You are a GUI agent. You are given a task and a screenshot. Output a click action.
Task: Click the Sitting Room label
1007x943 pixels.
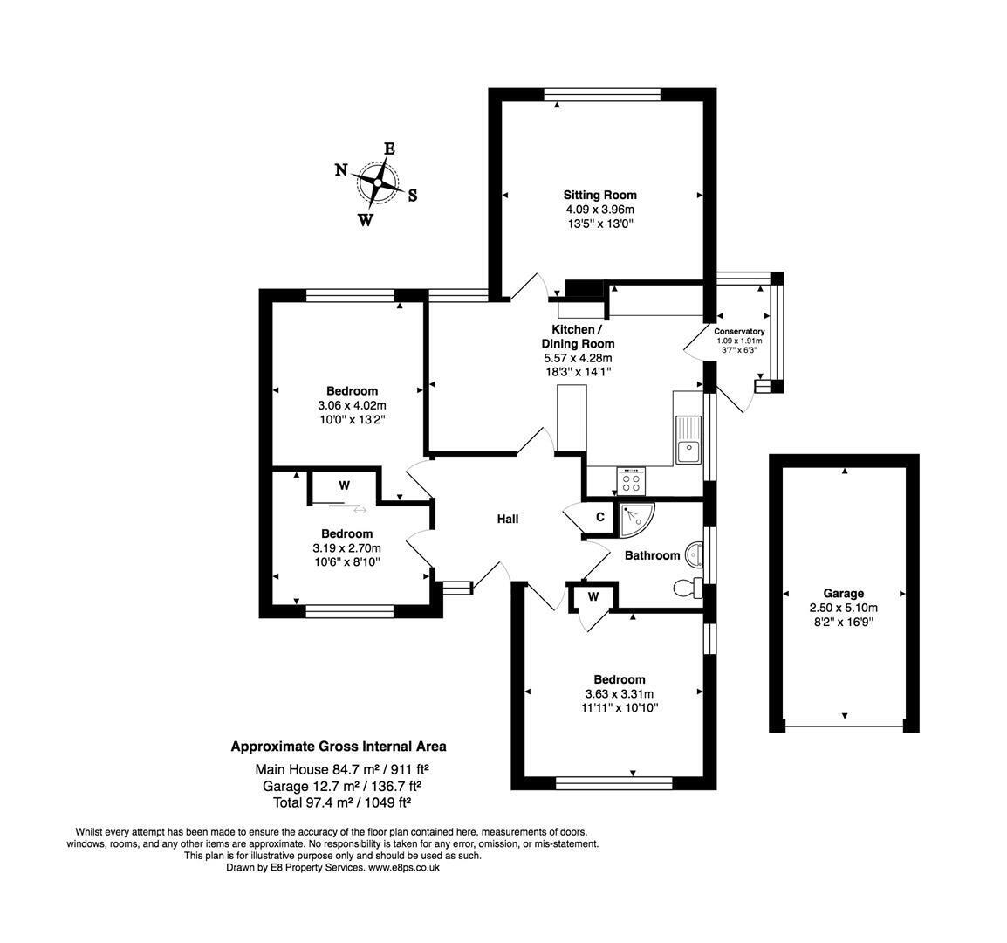click(599, 195)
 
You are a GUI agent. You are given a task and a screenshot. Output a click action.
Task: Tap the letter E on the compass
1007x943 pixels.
click(389, 148)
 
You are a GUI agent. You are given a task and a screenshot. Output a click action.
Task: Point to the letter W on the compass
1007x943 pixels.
click(366, 221)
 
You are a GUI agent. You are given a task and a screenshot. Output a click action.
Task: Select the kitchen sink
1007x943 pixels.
click(688, 440)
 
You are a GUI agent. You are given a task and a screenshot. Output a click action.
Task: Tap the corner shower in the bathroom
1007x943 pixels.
click(636, 520)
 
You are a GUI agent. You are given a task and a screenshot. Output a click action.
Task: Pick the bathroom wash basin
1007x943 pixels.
click(695, 554)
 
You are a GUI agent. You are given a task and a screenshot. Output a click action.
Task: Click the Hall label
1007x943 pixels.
click(507, 519)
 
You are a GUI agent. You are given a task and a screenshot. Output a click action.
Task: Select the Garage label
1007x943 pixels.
click(843, 594)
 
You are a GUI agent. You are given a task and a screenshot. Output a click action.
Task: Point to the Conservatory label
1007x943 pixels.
click(739, 331)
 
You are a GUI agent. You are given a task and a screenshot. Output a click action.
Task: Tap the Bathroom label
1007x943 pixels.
click(652, 555)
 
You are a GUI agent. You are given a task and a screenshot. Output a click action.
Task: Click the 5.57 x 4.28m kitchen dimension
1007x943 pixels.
click(578, 358)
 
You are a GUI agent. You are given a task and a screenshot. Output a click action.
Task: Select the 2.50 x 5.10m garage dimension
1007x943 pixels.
click(843, 608)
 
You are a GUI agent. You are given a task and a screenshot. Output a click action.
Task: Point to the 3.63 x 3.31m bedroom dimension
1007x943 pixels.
click(619, 694)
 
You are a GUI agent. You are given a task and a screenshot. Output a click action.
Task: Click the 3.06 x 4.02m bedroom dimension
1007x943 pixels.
click(352, 406)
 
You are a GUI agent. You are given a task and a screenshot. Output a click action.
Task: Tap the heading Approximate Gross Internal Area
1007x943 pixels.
click(339, 747)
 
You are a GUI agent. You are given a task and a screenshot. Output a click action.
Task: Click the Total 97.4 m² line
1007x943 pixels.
click(342, 802)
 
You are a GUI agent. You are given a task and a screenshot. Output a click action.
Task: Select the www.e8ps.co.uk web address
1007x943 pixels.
click(404, 867)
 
